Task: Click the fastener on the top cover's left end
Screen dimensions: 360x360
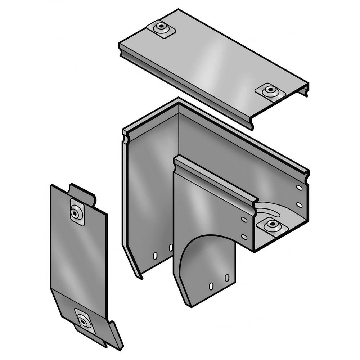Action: (161, 28)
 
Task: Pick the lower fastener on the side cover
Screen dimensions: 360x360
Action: (84, 320)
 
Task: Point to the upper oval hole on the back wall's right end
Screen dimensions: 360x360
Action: (299, 188)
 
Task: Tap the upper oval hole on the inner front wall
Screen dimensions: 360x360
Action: (244, 220)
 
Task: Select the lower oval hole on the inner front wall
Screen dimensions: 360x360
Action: (244, 237)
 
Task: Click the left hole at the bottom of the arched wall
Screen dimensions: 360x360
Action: (211, 286)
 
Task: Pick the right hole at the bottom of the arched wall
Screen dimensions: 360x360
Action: (227, 278)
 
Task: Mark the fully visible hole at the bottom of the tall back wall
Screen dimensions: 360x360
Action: (155, 256)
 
